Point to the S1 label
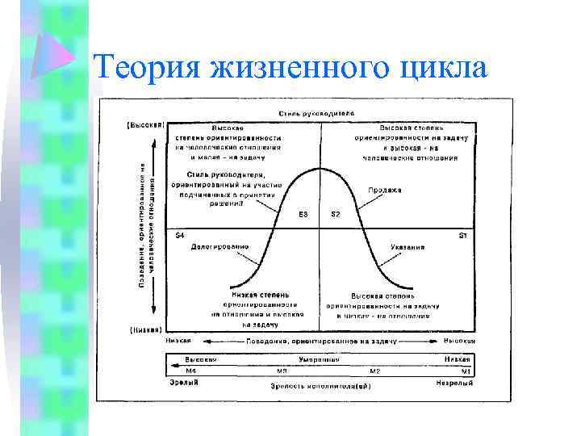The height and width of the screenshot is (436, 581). (463, 235)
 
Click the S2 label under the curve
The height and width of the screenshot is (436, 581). (336, 215)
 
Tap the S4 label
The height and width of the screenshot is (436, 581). (180, 235)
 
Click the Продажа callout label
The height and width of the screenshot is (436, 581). (386, 190)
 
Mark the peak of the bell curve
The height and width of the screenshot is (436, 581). (320, 168)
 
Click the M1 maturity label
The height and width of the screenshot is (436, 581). (466, 370)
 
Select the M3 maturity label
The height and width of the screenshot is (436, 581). (282, 370)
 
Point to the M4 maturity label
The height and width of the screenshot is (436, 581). (191, 370)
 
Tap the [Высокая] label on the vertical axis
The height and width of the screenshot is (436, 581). (145, 125)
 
